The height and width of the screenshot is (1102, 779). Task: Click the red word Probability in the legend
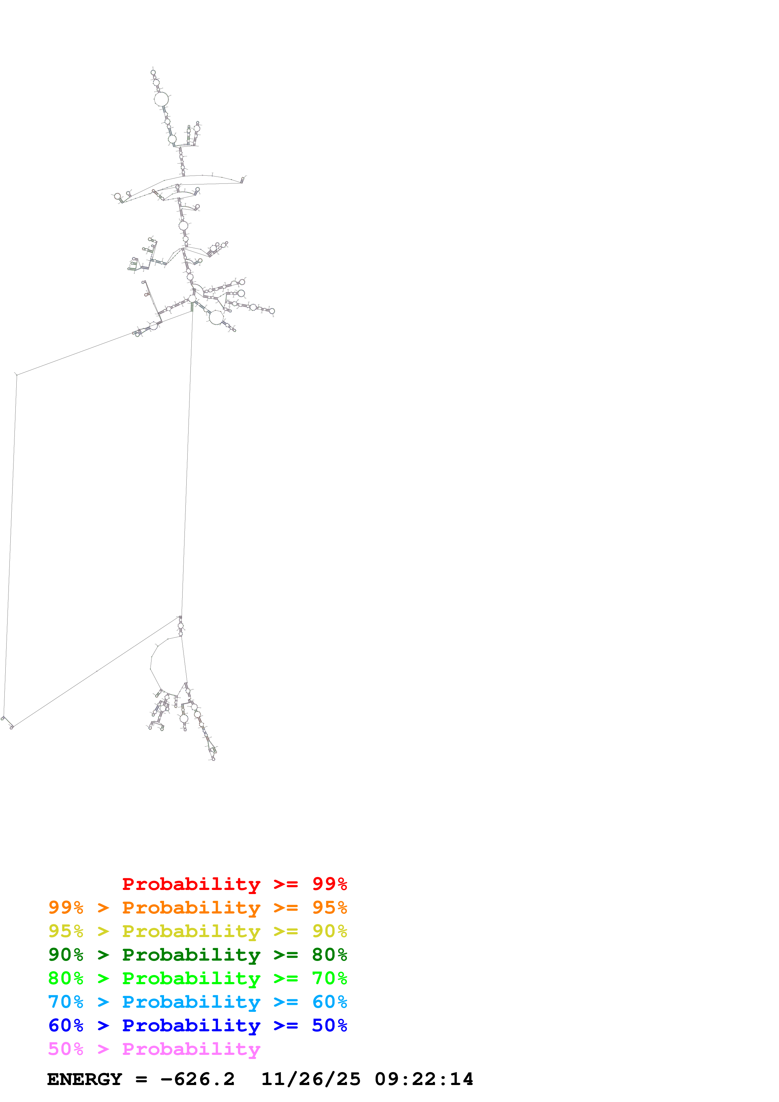click(191, 884)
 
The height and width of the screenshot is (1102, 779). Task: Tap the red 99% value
click(329, 884)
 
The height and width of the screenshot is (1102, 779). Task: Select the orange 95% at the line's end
click(329, 908)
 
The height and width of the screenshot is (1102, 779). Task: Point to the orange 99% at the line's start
click(66, 908)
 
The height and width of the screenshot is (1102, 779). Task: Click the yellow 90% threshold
click(329, 931)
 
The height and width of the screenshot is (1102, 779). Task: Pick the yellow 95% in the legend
click(66, 931)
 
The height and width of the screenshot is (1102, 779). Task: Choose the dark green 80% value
click(329, 955)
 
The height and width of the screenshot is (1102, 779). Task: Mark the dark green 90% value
click(66, 955)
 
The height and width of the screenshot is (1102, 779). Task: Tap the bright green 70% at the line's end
click(329, 978)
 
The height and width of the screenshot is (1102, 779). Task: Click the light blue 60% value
click(329, 1002)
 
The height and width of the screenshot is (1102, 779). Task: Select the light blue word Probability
click(191, 1002)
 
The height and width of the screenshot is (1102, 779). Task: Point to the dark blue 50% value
click(329, 1025)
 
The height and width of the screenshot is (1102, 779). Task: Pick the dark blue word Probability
click(191, 1025)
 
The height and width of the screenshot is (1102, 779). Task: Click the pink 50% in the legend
click(66, 1049)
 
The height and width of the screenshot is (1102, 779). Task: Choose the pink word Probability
click(191, 1049)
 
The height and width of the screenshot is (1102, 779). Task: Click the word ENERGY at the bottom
click(85, 1079)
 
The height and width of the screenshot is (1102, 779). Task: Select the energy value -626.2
click(197, 1079)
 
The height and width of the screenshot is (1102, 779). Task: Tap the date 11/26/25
click(310, 1079)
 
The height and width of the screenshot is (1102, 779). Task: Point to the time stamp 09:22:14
click(424, 1079)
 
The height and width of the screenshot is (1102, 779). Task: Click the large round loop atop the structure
click(161, 99)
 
